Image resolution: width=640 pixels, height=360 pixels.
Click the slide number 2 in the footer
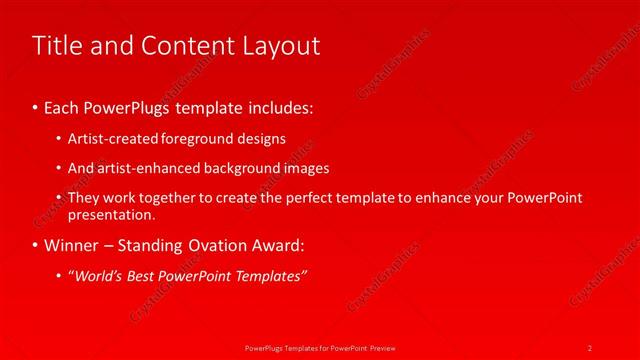[x=590, y=347]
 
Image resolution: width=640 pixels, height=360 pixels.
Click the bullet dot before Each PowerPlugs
[x=36, y=106]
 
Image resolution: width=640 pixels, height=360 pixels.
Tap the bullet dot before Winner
[x=36, y=245]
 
